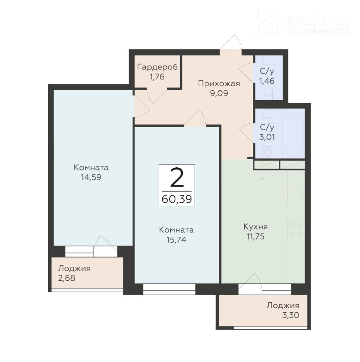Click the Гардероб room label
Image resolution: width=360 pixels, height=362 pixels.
[157, 67]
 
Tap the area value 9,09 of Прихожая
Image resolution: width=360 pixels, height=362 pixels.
[219, 93]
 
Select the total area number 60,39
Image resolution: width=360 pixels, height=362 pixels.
[177, 199]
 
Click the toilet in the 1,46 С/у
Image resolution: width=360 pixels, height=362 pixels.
[268, 92]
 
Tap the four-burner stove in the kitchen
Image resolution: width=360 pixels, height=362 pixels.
[296, 230]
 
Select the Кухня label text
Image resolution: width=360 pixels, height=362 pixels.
[256, 227]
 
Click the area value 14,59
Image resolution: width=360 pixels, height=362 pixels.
[91, 177]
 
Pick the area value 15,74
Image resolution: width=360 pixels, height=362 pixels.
[176, 240]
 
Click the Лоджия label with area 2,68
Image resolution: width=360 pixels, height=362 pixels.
[74, 269]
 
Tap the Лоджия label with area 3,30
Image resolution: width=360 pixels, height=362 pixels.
[283, 305]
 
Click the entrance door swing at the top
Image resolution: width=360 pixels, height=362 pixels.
[231, 42]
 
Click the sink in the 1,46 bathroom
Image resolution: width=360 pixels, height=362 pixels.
[269, 60]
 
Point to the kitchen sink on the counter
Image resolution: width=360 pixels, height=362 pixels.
[296, 196]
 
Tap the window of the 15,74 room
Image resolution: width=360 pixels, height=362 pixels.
[169, 289]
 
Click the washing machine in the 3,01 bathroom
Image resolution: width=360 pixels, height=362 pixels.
[268, 152]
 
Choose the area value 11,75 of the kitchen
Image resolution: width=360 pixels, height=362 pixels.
[255, 237]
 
